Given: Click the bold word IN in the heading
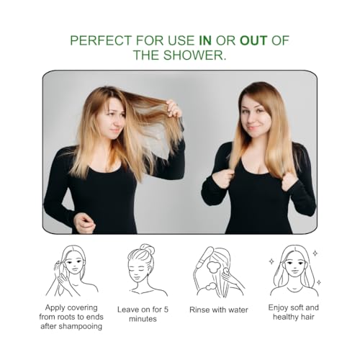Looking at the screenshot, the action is (205, 40).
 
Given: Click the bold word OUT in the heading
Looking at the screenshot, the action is (253, 40).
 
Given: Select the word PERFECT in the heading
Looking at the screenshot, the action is (101, 40).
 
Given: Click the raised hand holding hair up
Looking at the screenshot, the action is (174, 109).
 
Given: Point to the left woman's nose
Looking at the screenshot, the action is (117, 121).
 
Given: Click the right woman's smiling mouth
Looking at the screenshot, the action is (252, 127).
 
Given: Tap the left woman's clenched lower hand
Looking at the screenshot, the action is (85, 223).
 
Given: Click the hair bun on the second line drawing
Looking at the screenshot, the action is (147, 251).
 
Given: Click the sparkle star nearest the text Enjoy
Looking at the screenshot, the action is (272, 261).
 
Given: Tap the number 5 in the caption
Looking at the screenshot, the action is (166, 310).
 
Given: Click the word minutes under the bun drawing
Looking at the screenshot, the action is (143, 319).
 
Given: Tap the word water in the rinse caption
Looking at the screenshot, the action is (238, 310).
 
